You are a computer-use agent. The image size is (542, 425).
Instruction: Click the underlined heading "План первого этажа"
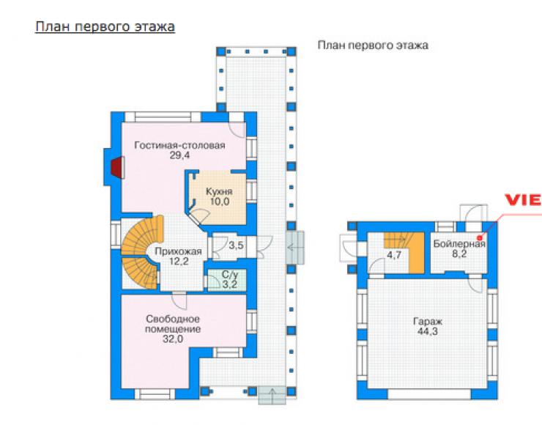pyautogui.click(x=105, y=27)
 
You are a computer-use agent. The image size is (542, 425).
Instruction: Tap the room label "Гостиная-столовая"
pyautogui.click(x=179, y=145)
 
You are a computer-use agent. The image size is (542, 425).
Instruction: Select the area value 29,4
pyautogui.click(x=179, y=155)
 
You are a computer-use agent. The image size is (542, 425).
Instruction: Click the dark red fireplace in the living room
pyautogui.click(x=117, y=167)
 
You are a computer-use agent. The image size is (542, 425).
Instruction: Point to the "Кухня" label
pyautogui.click(x=219, y=191)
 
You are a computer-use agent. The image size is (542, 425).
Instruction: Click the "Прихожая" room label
pyautogui.click(x=178, y=251)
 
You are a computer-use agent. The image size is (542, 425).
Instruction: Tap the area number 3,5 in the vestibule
pyautogui.click(x=236, y=245)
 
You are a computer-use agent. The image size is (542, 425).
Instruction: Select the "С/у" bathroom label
pyautogui.click(x=230, y=275)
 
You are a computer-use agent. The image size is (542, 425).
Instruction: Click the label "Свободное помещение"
pyautogui.click(x=173, y=324)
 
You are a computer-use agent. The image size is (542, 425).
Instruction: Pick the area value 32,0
pyautogui.click(x=173, y=339)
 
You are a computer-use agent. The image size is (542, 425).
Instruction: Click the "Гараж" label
pyautogui.click(x=428, y=322)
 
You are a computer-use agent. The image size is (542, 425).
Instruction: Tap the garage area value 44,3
pyautogui.click(x=428, y=331)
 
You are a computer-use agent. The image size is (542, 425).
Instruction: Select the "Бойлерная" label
pyautogui.click(x=459, y=244)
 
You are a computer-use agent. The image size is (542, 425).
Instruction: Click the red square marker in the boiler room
pyautogui.click(x=480, y=238)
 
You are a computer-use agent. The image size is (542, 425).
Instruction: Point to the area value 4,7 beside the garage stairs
pyautogui.click(x=394, y=255)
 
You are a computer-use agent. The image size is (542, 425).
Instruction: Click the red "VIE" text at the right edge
pyautogui.click(x=523, y=200)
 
